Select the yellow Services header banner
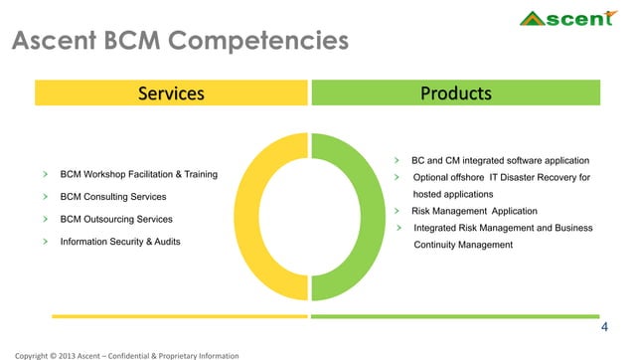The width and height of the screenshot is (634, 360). [172, 93]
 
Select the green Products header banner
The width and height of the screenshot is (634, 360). [456, 93]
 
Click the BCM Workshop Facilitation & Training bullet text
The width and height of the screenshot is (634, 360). [139, 175]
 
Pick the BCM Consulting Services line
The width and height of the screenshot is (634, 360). [113, 197]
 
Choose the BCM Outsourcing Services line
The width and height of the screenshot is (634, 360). [116, 219]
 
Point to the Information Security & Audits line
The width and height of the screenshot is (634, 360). [121, 242]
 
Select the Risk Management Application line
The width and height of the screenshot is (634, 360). [474, 211]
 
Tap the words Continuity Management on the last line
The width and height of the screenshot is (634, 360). [463, 245]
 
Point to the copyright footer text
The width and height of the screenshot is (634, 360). [120, 354]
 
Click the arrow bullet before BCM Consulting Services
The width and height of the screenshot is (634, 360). [45, 197]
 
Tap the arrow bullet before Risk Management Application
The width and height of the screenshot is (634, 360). [397, 211]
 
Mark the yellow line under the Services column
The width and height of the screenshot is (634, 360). [172, 316]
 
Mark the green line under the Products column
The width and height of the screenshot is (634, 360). [456, 316]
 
